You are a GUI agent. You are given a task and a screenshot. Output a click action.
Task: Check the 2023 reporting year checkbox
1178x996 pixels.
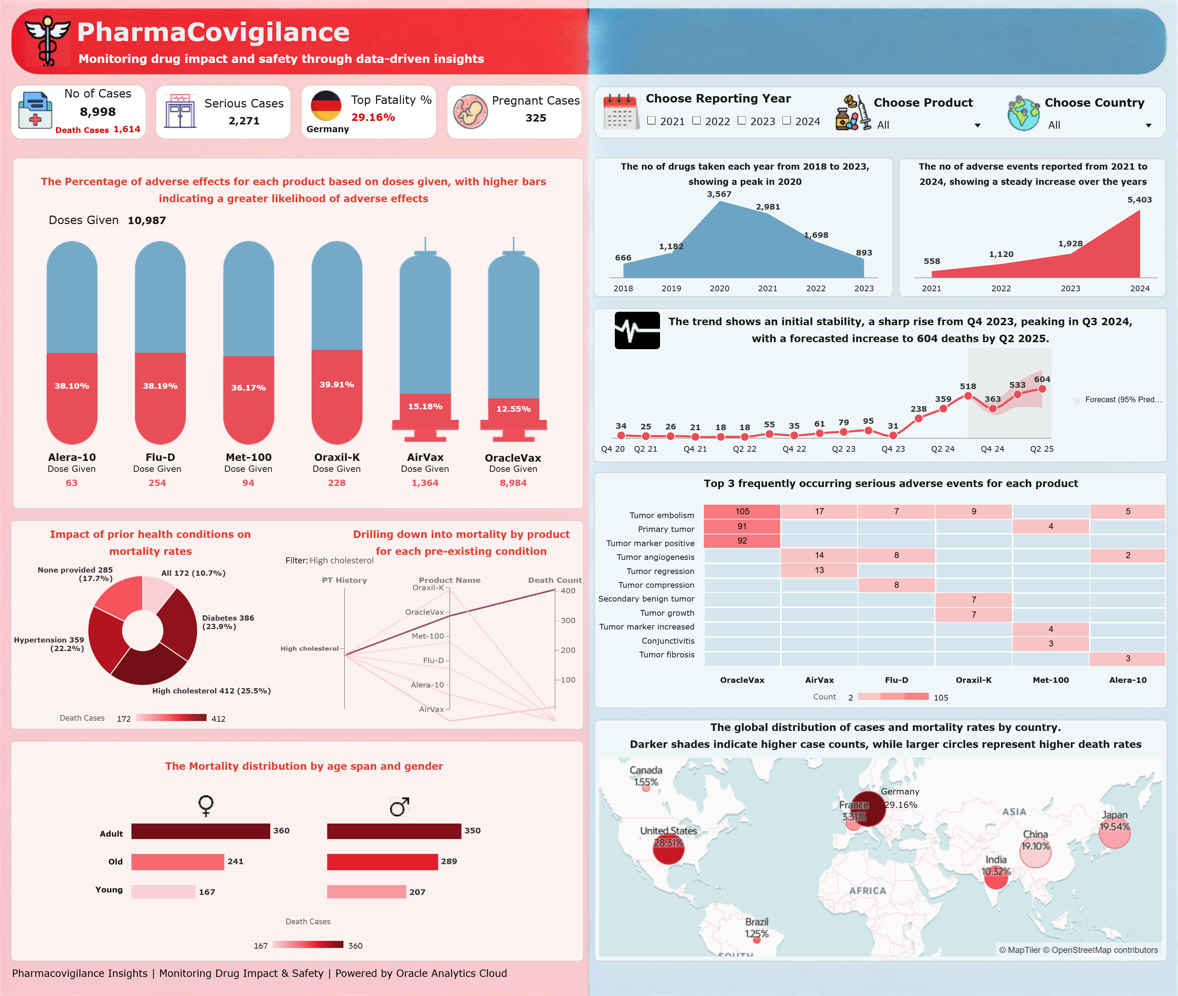[742, 121]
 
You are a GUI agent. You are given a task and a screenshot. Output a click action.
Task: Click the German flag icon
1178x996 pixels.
[326, 106]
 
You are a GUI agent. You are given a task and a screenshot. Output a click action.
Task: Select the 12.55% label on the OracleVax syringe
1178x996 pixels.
[513, 409]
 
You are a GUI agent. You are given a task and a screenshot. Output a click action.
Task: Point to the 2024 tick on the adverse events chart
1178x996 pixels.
[1139, 288]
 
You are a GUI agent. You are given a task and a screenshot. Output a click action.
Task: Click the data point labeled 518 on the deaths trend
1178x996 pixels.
[968, 396]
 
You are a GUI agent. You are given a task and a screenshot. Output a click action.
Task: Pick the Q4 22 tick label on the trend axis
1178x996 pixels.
[794, 449]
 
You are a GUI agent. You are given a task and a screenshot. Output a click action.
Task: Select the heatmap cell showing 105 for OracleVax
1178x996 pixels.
[742, 511]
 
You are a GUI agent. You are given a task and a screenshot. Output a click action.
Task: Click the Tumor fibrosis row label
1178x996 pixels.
[667, 655]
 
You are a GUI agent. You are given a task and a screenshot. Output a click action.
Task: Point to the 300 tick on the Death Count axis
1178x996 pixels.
[567, 621]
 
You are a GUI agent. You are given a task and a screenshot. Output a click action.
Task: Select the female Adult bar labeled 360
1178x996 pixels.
[200, 831]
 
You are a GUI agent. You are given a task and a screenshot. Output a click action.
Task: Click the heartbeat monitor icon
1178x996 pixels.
[637, 330]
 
